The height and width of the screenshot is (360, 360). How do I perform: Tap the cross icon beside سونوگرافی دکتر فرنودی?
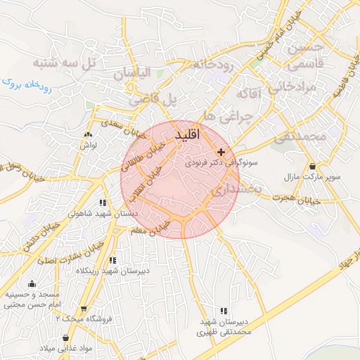pos(221,152)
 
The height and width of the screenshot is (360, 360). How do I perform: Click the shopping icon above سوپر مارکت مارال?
pos(311,167)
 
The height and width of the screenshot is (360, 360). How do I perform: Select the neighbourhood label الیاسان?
pos(134,72)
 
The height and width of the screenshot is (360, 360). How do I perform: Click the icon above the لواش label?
pos(88,134)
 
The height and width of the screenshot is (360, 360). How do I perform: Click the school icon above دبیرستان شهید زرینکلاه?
pos(112,261)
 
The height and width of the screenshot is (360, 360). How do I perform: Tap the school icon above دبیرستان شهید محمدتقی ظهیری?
pos(224,310)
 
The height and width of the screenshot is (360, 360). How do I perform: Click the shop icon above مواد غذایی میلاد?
pos(65,338)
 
